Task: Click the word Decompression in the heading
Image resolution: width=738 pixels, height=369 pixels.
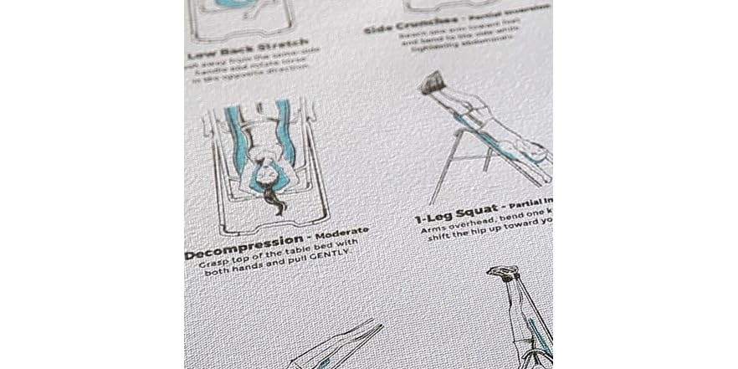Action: click(x=233, y=252)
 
